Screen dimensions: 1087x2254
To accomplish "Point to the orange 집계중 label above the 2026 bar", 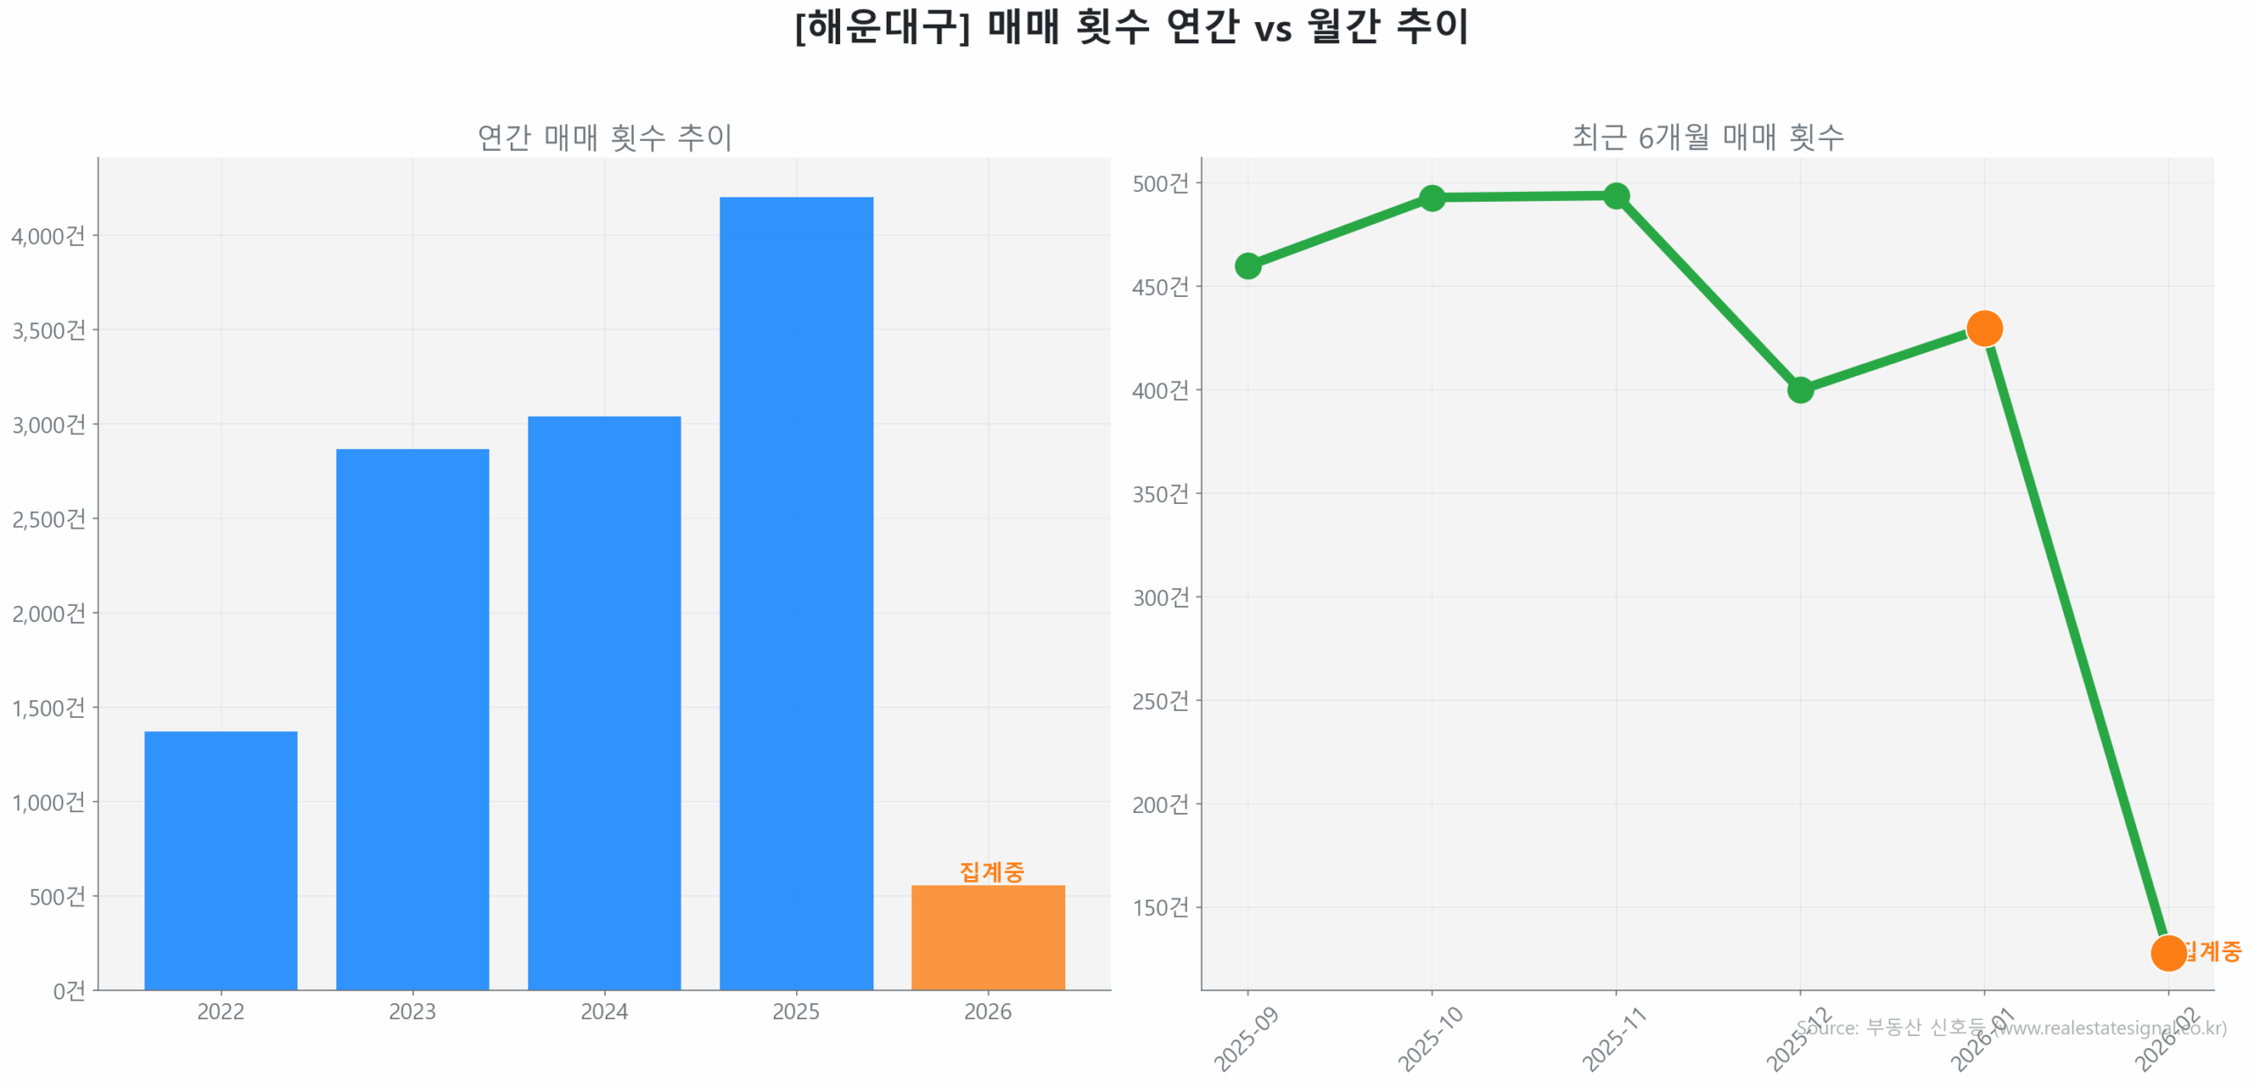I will (991, 871).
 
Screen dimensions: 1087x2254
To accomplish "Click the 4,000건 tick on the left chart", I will (48, 236).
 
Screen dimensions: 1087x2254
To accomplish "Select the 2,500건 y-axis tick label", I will (48, 519).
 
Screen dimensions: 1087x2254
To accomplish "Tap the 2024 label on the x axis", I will (604, 1011).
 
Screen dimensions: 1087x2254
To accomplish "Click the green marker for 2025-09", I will (1248, 265).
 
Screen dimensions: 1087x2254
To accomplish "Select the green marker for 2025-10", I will (1432, 198).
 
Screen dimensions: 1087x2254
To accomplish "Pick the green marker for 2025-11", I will (1616, 196).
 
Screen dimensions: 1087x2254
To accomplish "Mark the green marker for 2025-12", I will (1800, 389).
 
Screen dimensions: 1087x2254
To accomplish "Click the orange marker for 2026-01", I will (1984, 329).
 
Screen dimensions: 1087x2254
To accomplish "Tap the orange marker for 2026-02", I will (2168, 952).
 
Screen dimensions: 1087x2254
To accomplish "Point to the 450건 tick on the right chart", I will (1160, 287).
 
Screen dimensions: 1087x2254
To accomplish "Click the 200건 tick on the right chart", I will (1160, 804).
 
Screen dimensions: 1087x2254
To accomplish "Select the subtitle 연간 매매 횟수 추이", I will (604, 137).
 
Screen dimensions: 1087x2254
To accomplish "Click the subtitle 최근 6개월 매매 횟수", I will (1707, 137).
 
